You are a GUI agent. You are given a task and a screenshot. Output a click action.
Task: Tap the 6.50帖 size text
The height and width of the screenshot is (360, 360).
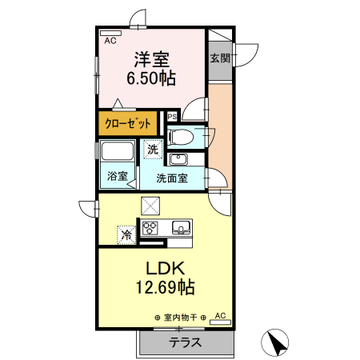point(150,78)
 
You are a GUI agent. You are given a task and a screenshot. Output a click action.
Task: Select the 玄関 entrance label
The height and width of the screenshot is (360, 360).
point(220,58)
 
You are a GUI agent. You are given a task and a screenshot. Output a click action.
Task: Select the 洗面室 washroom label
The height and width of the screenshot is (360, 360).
point(172,178)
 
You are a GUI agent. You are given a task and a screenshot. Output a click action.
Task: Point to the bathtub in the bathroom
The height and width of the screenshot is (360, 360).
point(118,152)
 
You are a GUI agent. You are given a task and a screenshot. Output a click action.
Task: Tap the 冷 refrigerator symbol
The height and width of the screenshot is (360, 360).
point(126,235)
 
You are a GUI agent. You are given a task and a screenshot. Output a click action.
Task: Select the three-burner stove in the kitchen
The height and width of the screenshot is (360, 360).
point(152,227)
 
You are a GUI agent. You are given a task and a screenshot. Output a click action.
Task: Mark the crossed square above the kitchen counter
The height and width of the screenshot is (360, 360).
point(150,205)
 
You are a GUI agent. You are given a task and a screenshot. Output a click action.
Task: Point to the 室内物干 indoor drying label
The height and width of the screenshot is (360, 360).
point(179,318)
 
